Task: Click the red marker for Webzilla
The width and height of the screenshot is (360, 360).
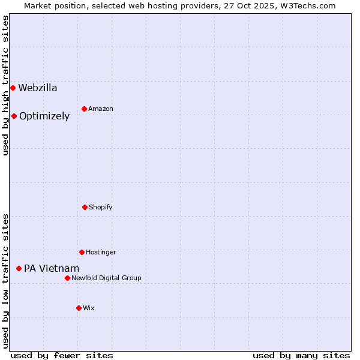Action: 13,88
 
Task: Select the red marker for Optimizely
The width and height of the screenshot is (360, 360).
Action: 14,116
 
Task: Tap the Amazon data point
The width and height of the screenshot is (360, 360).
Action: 84,109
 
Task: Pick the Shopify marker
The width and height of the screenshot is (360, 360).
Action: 85,207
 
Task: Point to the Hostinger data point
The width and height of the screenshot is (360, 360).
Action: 82,252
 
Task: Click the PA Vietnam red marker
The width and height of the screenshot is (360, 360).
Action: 19,268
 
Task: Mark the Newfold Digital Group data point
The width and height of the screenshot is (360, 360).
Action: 67,278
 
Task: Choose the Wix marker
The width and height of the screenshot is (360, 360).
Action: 79,308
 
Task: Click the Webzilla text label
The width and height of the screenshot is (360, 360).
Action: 38,88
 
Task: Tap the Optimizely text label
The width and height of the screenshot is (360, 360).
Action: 44,116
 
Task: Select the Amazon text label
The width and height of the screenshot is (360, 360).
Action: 101,109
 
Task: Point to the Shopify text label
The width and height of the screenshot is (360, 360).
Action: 100,208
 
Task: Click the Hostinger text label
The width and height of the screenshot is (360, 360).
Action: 101,253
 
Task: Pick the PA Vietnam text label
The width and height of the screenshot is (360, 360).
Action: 52,269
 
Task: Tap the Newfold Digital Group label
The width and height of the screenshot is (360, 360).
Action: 106,278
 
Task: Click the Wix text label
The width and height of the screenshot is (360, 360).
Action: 89,308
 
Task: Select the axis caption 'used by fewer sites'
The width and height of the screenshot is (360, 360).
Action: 62,355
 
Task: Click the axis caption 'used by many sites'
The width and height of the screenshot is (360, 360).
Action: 301,355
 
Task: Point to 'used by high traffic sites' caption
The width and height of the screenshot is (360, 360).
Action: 5,85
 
